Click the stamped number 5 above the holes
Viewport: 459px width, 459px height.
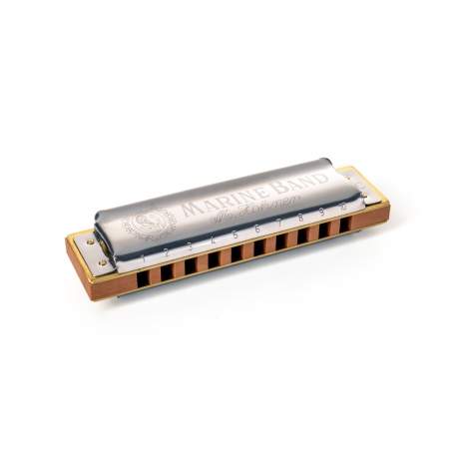235,235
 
